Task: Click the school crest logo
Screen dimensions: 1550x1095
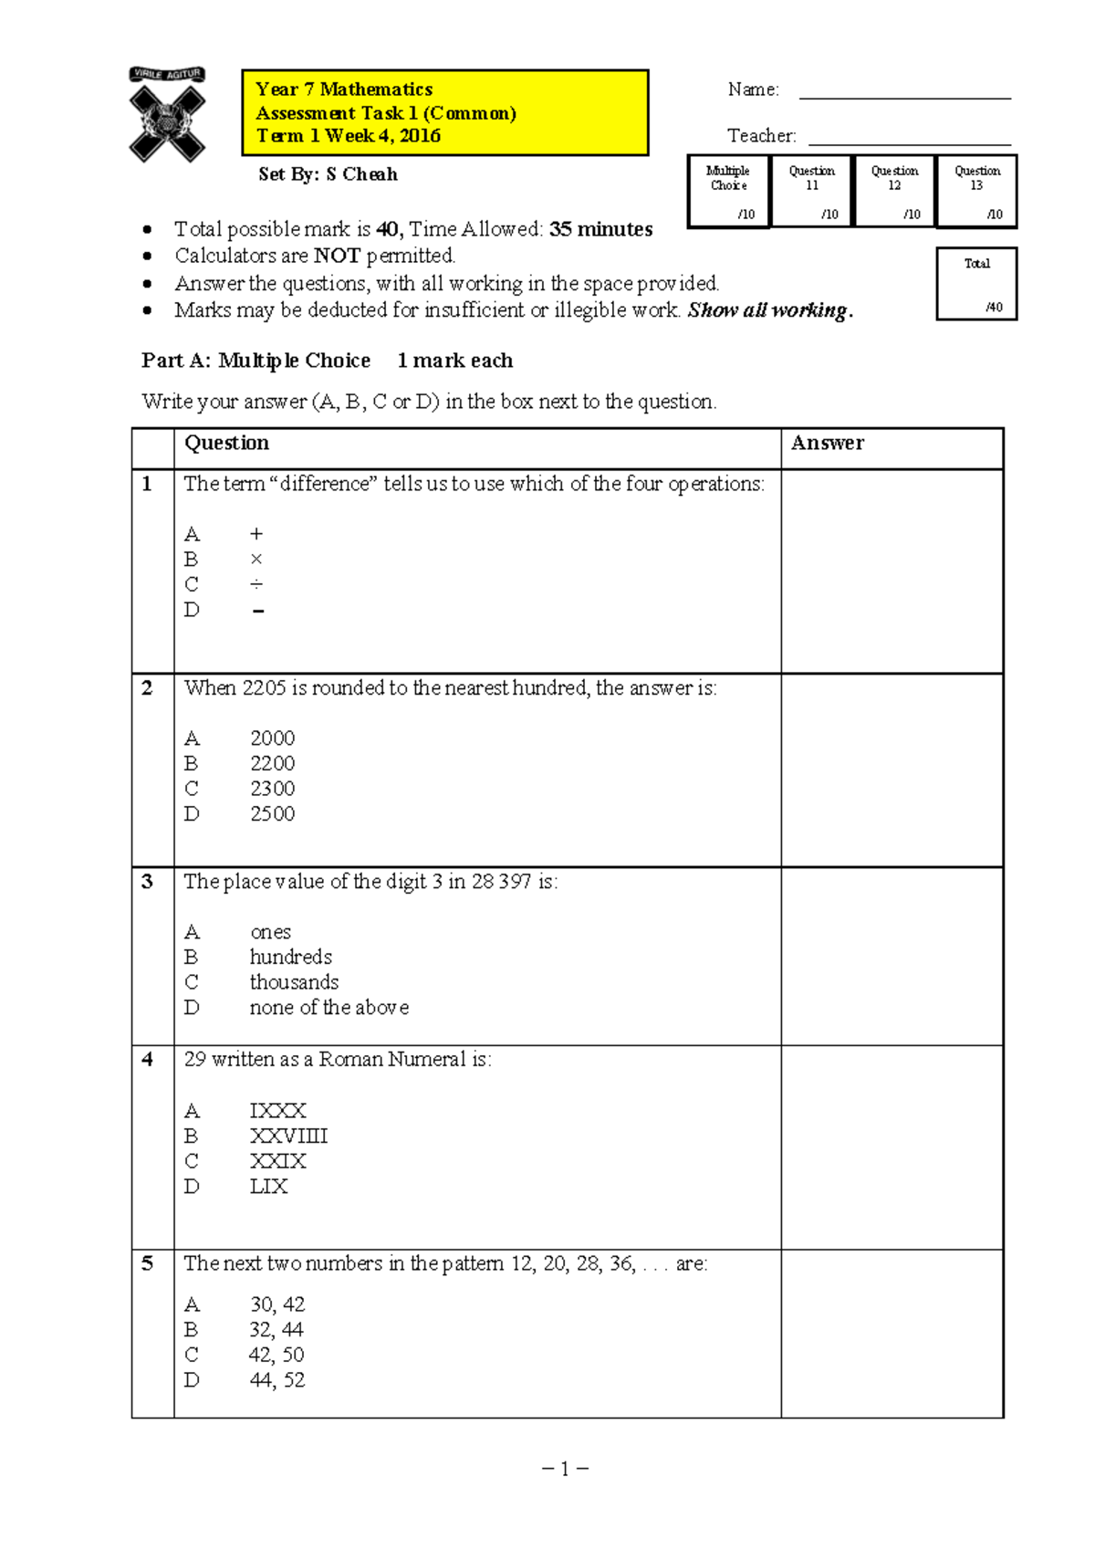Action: coord(167,116)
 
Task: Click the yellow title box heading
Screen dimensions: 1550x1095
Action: coord(444,112)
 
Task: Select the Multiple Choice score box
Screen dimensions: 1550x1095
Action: coord(728,192)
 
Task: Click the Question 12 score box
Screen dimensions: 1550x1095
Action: coord(894,192)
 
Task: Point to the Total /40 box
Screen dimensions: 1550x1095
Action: coord(976,284)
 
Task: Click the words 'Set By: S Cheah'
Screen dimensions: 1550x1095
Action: coord(328,174)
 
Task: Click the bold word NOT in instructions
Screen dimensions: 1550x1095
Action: coord(337,256)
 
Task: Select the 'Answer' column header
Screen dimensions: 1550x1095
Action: coord(827,444)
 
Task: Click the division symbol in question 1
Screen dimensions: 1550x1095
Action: coord(256,584)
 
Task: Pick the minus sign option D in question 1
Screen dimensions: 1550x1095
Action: coord(257,611)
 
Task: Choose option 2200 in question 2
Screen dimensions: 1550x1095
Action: coord(272,763)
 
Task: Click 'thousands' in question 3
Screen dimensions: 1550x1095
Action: coord(294,982)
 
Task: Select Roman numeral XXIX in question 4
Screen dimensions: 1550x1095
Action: coord(277,1161)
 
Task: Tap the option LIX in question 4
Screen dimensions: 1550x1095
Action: coord(268,1187)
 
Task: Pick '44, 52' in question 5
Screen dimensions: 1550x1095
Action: coord(276,1380)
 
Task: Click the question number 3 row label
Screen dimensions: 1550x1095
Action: coord(148,882)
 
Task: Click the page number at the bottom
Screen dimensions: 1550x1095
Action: coord(565,1469)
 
